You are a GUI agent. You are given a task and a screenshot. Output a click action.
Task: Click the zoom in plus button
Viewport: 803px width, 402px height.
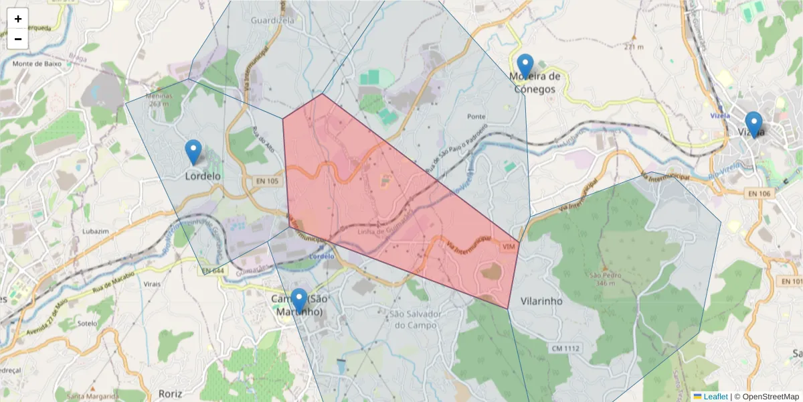(18, 19)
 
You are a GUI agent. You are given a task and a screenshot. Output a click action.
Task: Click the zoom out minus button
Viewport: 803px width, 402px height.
(18, 39)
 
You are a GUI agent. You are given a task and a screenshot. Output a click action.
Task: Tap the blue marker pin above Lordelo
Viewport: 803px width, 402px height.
(193, 152)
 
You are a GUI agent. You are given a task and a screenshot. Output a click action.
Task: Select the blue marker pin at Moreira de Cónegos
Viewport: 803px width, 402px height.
(525, 66)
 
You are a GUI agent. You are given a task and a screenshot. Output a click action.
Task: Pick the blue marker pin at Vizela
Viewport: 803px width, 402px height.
(753, 125)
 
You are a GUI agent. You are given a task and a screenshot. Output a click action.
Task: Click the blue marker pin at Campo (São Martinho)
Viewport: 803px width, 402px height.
(299, 301)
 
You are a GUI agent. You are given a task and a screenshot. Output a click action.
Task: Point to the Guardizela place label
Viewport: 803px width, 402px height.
(272, 21)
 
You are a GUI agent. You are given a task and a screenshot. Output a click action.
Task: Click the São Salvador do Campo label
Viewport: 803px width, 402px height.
(416, 320)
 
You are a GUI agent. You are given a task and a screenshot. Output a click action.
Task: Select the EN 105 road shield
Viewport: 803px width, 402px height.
(267, 181)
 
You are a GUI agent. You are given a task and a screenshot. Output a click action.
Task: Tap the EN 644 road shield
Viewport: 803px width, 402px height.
(213, 271)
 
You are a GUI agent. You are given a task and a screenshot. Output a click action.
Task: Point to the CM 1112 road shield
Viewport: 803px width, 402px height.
(565, 348)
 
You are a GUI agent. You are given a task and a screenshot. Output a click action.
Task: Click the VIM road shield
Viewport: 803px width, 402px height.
(509, 247)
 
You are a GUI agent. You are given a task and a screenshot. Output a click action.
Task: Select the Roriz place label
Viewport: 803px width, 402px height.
(170, 393)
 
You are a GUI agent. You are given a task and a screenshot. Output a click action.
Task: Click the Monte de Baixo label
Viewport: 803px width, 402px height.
(37, 64)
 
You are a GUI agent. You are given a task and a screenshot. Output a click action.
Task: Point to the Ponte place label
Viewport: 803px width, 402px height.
(476, 117)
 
